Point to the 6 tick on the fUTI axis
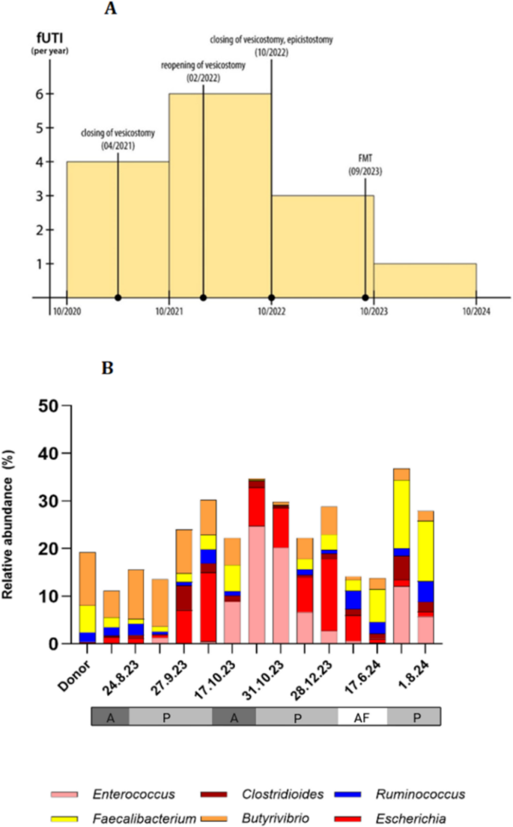tap(37, 94)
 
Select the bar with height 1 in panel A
tap(425, 281)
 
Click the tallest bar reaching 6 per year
tap(220, 195)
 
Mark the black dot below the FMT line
tap(365, 298)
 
